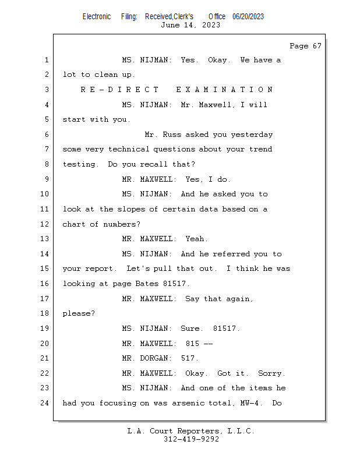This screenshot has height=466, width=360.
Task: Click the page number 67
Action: tap(317, 46)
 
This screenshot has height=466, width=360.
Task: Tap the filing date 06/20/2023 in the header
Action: tap(248, 17)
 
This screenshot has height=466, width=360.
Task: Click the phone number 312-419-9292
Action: tap(191, 439)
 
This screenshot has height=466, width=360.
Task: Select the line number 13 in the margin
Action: tap(44, 239)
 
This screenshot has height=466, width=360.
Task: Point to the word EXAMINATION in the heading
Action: tap(224, 90)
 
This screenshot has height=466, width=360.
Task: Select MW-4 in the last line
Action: tap(249, 403)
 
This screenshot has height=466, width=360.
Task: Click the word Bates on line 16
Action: tap(147, 284)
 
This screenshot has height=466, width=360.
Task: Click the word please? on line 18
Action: tap(79, 313)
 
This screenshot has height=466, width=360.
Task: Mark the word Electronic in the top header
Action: tap(97, 17)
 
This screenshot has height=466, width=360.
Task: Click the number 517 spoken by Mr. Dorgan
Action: tap(188, 358)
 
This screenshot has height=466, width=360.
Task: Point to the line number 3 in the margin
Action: tap(47, 90)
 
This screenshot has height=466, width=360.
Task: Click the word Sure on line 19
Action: tap(190, 329)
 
